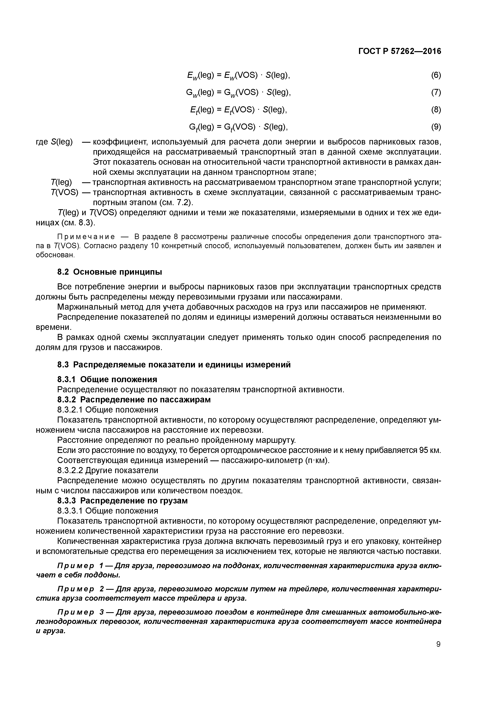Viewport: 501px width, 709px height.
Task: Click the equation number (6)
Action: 436,75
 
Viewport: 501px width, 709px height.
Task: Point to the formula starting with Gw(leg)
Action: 238,93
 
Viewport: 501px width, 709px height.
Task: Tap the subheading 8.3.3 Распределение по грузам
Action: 123,501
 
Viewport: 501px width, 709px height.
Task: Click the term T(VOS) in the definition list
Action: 64,192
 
